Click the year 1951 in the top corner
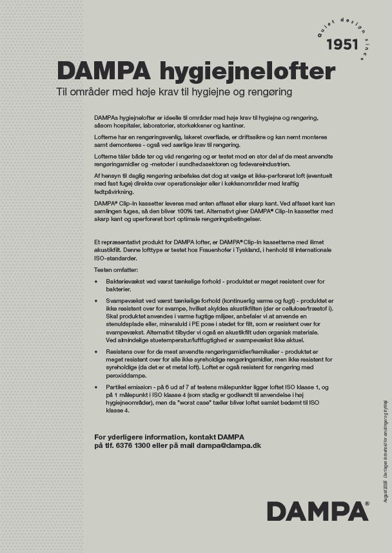tap(342, 44)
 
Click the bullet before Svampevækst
tap(96, 301)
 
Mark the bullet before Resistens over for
tap(96, 353)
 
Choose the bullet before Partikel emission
tap(96, 387)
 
